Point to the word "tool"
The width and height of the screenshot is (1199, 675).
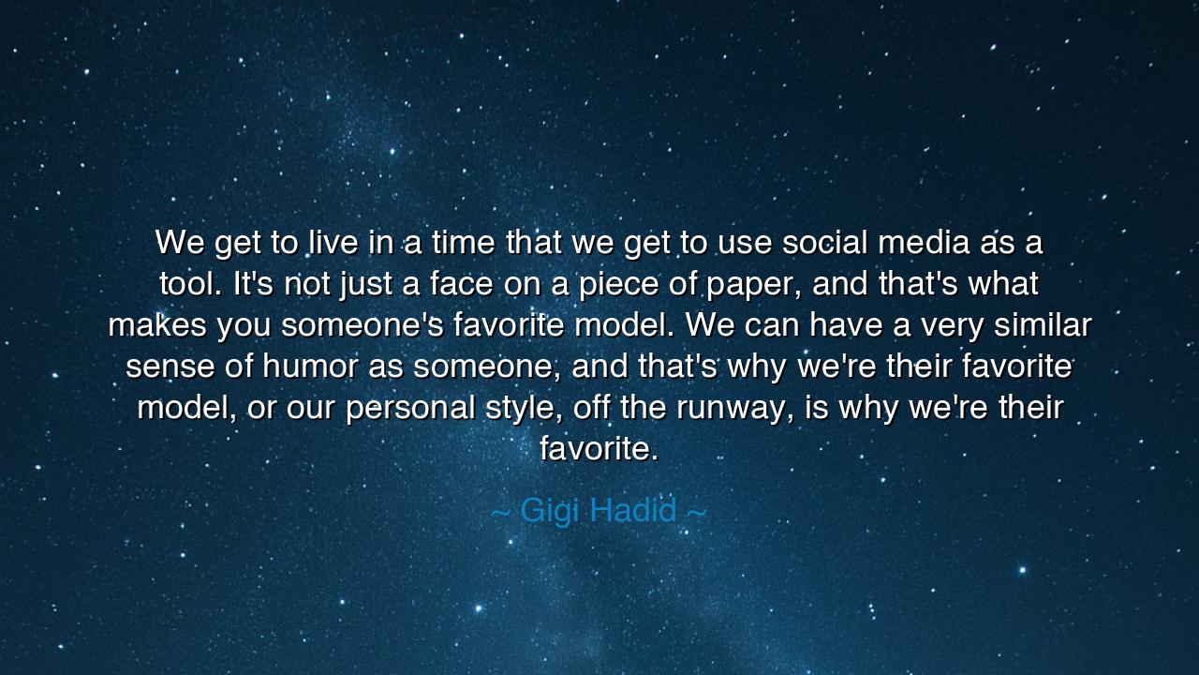(x=190, y=283)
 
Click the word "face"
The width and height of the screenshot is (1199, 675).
(x=461, y=283)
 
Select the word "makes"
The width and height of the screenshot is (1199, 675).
(x=157, y=324)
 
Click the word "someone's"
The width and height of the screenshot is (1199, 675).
(x=363, y=324)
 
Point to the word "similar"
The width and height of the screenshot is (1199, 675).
(x=1043, y=324)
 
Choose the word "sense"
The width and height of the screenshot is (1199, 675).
(x=170, y=367)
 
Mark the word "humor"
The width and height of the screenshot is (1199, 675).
(x=310, y=366)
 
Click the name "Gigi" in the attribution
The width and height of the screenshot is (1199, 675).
(x=550, y=512)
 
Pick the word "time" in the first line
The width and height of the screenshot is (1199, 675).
(x=464, y=242)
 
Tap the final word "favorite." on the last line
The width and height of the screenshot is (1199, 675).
(x=599, y=448)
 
